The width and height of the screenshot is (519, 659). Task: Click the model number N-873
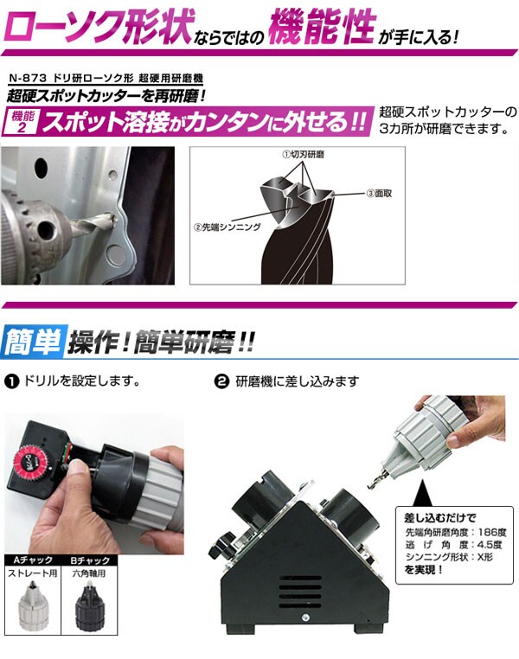point(29,79)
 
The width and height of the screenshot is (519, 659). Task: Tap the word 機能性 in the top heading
point(322,28)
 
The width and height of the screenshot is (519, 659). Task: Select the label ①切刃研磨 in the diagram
point(303,154)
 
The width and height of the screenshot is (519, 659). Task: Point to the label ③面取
point(379,194)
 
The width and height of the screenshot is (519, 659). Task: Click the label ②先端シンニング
point(227,227)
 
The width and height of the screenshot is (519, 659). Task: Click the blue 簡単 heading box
point(34,341)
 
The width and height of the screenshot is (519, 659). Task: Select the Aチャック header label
point(33,560)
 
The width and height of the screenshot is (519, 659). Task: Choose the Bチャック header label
point(89,560)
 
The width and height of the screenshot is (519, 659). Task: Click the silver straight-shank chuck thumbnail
point(32,605)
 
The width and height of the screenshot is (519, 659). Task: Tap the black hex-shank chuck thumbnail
point(89,605)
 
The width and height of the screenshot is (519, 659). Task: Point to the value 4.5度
point(490,545)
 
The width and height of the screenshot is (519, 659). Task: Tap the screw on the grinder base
point(305,617)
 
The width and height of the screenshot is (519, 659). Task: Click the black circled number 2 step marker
point(221,381)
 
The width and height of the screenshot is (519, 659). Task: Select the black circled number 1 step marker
point(11,381)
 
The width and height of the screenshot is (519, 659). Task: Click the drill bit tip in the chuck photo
point(112,219)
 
